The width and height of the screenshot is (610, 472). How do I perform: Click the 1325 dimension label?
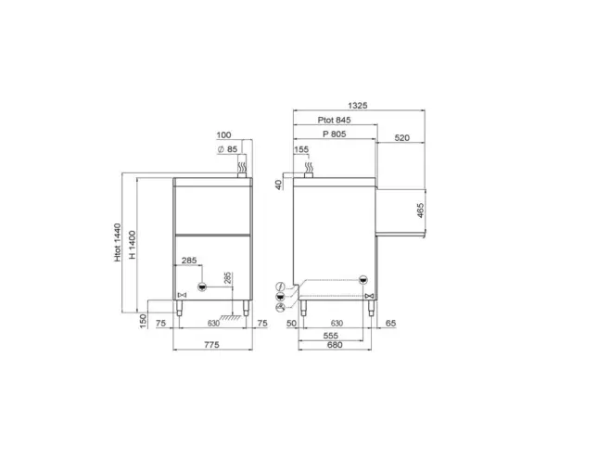click(x=358, y=106)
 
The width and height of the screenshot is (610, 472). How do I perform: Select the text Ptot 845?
click(x=334, y=120)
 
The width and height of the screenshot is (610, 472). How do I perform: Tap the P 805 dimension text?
click(x=334, y=134)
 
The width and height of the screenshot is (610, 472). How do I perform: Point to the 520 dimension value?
click(x=401, y=138)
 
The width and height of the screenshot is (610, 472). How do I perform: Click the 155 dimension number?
click(x=301, y=149)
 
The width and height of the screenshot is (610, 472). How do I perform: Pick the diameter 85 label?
click(x=227, y=149)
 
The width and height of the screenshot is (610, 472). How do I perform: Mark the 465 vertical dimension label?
click(x=420, y=210)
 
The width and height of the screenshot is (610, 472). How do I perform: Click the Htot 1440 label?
click(x=118, y=242)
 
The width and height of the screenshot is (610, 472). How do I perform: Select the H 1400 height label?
click(x=133, y=245)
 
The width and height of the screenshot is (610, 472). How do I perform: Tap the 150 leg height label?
click(x=143, y=322)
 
